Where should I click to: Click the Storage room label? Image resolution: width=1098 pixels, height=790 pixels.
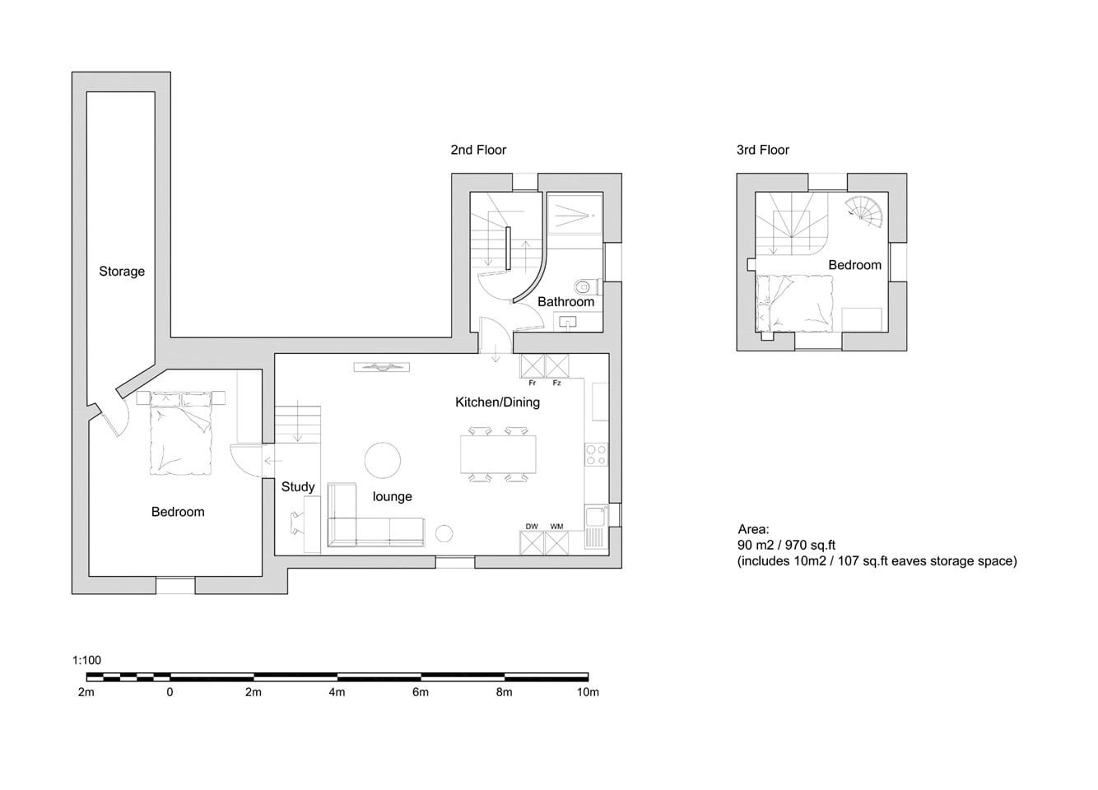pos(122,272)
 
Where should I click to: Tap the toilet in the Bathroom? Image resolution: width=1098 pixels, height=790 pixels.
pos(586,286)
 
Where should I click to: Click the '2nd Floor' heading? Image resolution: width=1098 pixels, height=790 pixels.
pos(478,150)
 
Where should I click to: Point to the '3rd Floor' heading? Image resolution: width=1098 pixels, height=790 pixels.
pos(763,150)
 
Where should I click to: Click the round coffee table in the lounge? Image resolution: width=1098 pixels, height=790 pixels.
pos(383,460)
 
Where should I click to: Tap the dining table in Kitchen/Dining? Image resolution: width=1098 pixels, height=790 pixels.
pos(498,453)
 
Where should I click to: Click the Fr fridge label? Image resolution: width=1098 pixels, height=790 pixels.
pos(532,383)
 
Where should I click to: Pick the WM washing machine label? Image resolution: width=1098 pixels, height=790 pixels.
pos(557,527)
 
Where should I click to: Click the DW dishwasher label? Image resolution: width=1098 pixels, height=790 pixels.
pos(532,527)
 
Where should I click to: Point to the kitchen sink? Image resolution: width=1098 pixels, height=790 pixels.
pos(597,527)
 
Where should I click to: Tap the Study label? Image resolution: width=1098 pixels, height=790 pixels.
pos(298,486)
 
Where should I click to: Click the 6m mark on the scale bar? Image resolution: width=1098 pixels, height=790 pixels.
pos(421,692)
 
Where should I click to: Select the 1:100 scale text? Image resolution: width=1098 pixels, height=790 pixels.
pos(86,660)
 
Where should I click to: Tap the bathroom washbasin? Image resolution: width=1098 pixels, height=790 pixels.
pos(567,323)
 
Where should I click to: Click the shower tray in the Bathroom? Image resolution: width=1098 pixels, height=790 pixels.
pos(575,215)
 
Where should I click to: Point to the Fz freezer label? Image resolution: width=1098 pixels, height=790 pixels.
pos(557,383)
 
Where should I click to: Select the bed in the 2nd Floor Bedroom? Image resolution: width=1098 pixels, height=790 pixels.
pos(180,433)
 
